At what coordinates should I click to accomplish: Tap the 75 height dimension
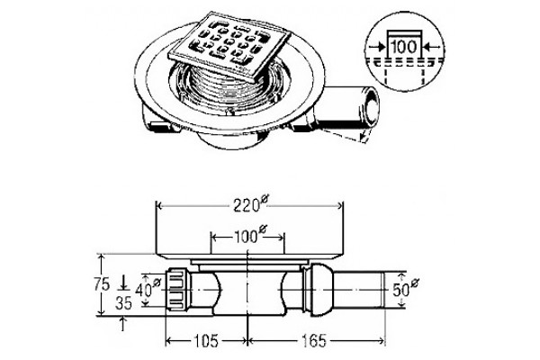click(102, 284)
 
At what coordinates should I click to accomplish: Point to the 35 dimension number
click(123, 303)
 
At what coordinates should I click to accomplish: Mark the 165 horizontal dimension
click(314, 341)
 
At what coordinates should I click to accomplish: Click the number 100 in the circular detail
click(404, 47)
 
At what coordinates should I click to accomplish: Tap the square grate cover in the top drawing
click(230, 46)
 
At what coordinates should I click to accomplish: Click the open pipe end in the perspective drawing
click(371, 107)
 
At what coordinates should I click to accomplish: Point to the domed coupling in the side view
click(321, 290)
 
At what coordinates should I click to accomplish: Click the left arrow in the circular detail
click(377, 47)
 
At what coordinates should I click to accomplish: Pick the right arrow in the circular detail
click(432, 47)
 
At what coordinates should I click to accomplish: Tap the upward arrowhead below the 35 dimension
click(123, 320)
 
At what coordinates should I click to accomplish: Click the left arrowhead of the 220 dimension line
click(159, 206)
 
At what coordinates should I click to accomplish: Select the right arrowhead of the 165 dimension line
click(382, 341)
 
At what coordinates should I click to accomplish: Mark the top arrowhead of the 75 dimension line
click(101, 257)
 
